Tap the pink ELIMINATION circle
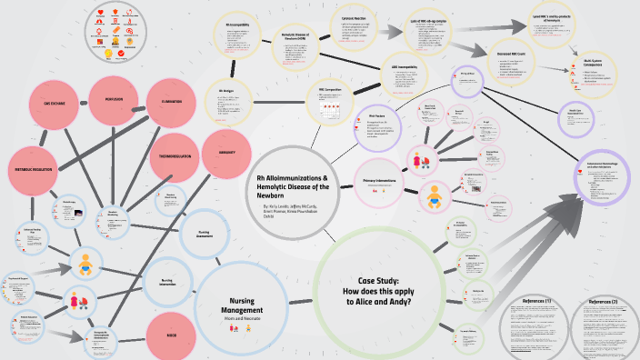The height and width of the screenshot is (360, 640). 171,101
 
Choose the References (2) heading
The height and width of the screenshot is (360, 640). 602,301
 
